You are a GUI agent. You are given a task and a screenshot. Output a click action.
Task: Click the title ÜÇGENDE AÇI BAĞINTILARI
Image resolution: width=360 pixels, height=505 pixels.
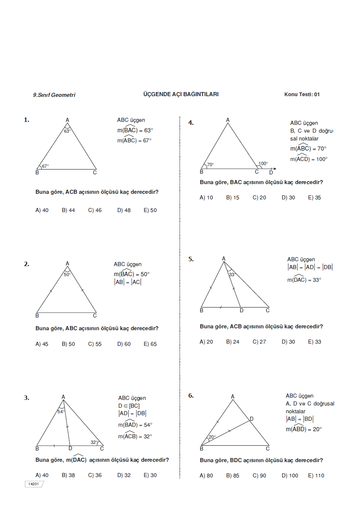point(181,94)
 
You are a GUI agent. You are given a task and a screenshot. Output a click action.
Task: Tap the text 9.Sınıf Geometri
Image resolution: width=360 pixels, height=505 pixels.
point(54,95)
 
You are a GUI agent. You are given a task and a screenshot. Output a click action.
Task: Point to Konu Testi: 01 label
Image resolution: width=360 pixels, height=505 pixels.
point(302,94)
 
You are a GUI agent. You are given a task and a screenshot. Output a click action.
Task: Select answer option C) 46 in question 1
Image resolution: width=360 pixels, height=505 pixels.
point(95,210)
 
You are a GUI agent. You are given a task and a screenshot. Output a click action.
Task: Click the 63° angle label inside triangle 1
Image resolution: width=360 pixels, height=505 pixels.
point(67,131)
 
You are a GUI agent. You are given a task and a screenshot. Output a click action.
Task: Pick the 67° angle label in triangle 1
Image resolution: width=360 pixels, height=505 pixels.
point(45,166)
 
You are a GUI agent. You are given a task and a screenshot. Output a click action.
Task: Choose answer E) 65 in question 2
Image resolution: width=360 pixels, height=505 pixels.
point(150,344)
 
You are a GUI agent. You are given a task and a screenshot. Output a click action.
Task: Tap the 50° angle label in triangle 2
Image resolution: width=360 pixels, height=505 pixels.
point(67,275)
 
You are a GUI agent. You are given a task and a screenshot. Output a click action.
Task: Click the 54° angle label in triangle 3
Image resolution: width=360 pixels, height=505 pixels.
point(61,412)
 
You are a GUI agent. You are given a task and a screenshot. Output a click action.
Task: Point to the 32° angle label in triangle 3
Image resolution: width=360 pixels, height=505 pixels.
point(94,442)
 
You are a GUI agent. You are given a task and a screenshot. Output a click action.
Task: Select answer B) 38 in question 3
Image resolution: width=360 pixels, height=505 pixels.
point(68,475)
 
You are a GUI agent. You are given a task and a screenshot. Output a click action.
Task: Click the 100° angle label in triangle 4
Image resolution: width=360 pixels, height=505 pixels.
point(263,164)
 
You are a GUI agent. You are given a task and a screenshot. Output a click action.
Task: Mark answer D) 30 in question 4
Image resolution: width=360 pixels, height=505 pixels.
point(288,198)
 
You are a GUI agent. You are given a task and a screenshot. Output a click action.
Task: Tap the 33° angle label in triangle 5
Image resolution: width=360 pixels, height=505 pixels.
point(232,275)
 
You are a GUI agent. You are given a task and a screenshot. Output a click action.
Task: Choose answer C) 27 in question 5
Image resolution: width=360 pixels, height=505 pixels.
point(259,342)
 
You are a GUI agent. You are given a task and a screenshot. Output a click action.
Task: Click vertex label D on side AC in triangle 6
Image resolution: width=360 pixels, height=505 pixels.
point(251,419)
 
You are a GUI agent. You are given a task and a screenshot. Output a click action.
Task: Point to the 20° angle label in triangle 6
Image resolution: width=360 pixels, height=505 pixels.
point(212,437)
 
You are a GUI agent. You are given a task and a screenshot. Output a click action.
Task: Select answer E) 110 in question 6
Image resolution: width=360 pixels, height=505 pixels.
point(316,476)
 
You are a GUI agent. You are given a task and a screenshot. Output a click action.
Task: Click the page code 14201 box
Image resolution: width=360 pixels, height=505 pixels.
point(34,484)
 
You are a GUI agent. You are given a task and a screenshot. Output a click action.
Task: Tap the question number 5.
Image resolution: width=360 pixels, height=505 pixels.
point(191,259)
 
